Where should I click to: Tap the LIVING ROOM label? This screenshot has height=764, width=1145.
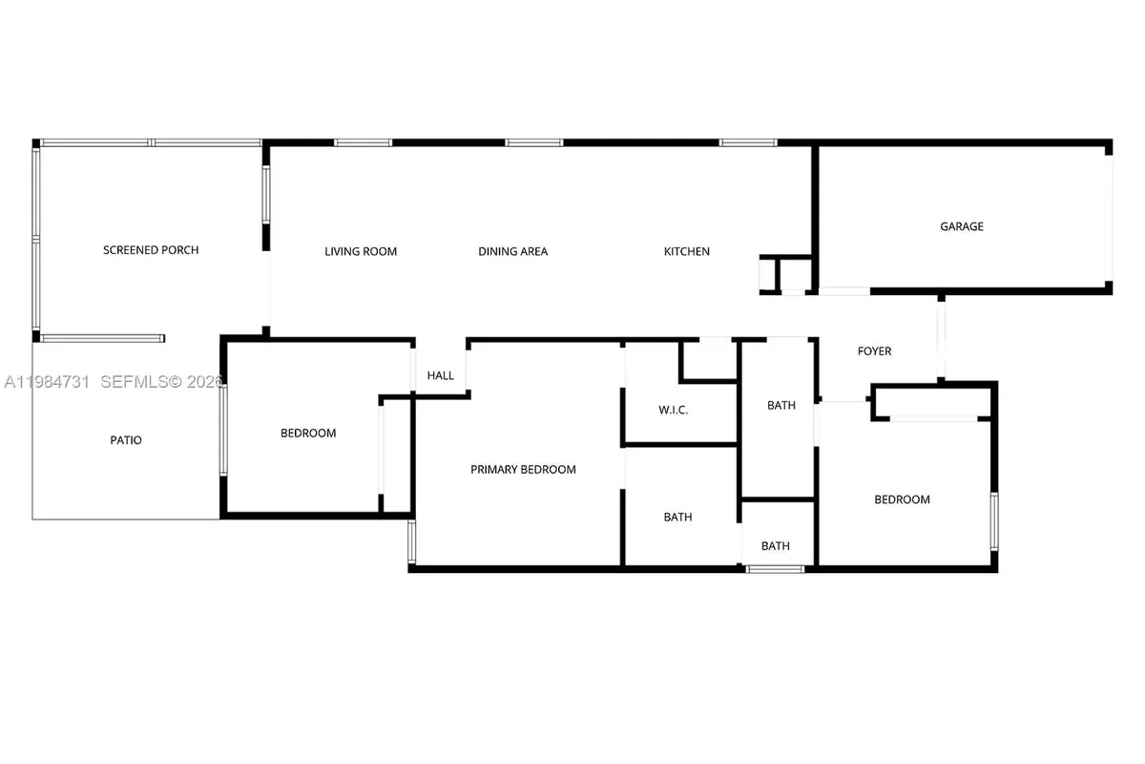point(361,252)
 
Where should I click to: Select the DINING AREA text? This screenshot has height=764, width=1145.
point(513,252)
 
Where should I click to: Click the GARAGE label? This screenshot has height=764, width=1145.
point(962,227)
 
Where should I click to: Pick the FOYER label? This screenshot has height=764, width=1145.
point(875,351)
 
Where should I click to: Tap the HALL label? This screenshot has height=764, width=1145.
point(441,376)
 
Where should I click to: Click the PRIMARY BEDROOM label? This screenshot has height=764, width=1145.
point(523,469)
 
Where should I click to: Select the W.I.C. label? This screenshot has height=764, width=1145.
point(674,411)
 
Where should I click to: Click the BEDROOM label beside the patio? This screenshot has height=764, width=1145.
point(308,434)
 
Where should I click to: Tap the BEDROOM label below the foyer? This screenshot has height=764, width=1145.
point(903,499)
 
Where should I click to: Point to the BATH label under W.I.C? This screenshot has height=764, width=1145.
point(678,518)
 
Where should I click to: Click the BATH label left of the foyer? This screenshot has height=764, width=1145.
point(781,406)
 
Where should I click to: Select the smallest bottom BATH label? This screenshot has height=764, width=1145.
point(776,546)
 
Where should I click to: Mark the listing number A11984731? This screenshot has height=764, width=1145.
point(48,382)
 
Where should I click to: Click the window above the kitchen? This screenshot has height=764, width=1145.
point(749,143)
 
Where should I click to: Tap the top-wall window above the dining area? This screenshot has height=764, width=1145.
point(534,143)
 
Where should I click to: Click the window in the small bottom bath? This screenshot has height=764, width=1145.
point(775,569)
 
